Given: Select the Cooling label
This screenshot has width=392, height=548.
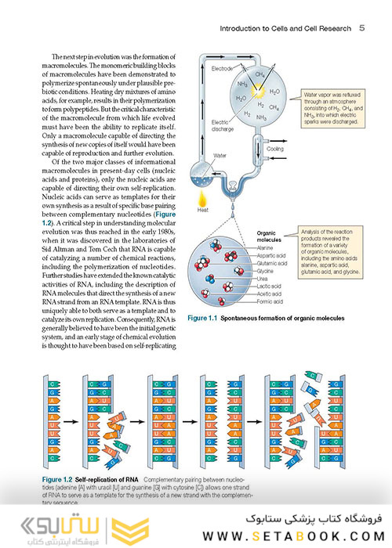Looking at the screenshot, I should [x=275, y=148].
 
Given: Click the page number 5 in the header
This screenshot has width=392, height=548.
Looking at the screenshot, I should [x=361, y=27].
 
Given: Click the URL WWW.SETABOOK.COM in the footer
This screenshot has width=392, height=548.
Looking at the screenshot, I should [x=291, y=535].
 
